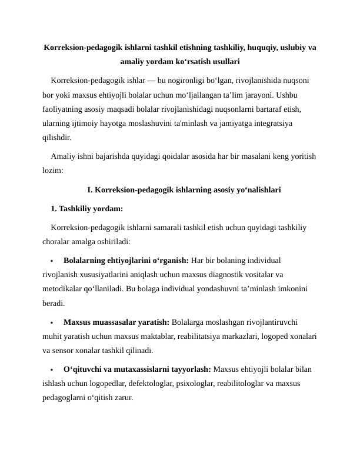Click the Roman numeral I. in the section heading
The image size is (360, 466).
(90, 190)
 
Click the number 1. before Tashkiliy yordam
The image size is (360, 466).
(55, 208)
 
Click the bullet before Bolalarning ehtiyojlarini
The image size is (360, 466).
(52, 260)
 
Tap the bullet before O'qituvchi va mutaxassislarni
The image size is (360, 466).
(52, 370)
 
